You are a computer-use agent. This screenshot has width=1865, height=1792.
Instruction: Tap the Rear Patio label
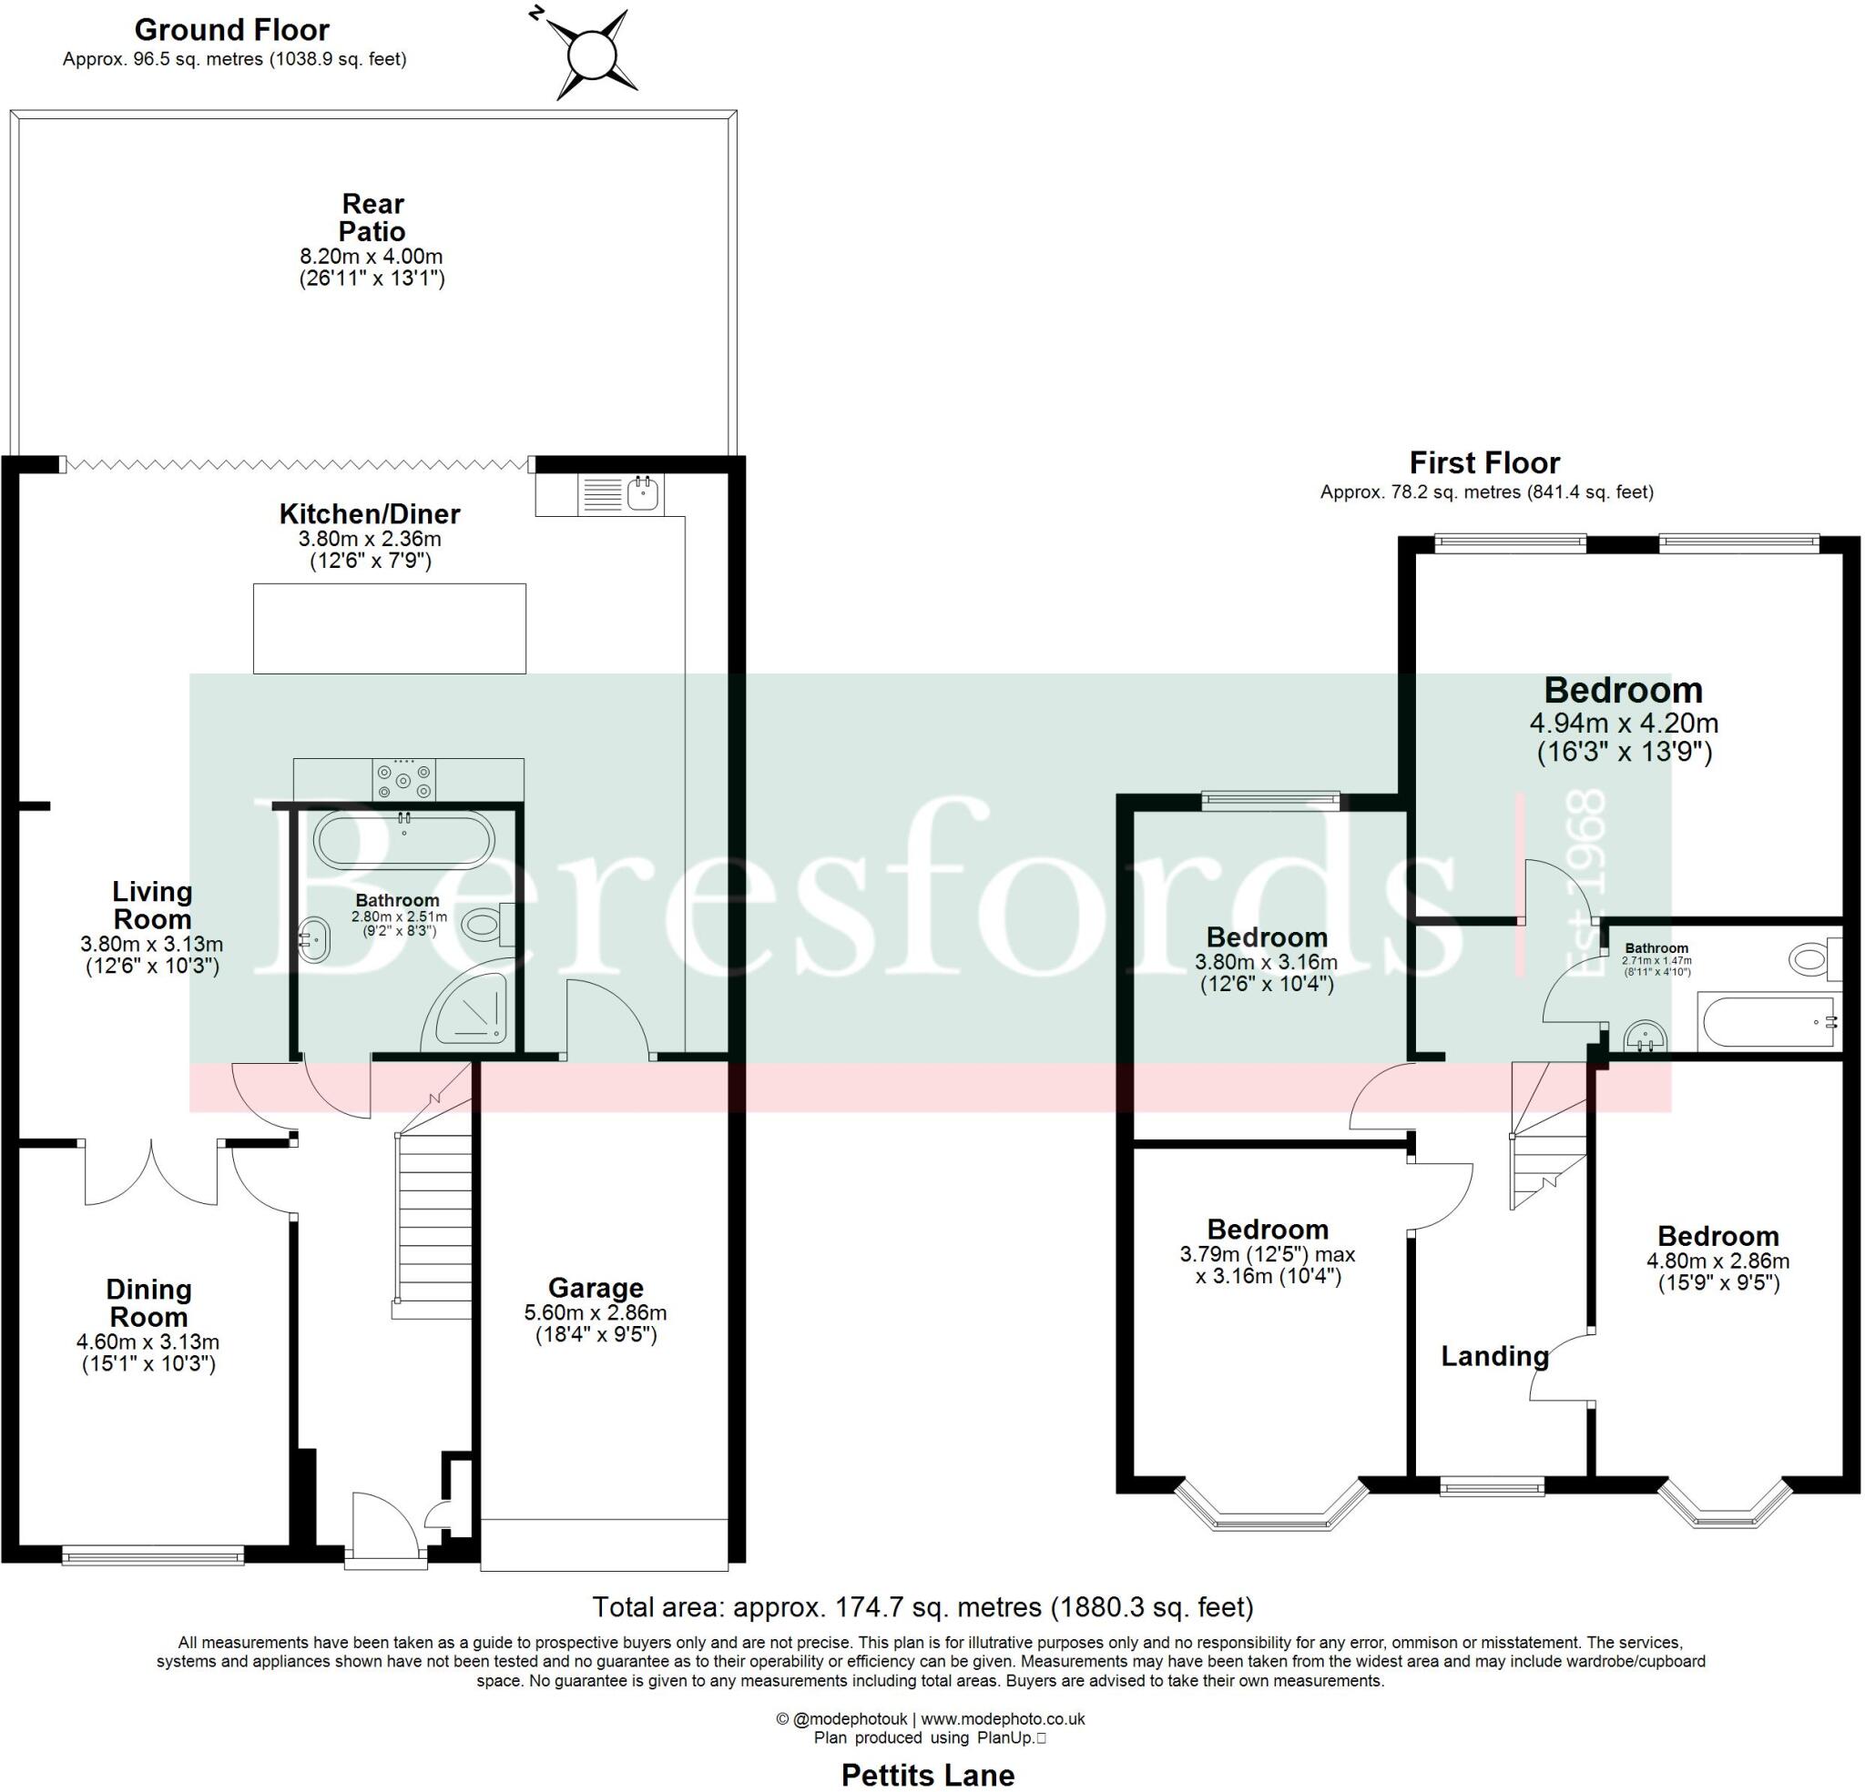coord(373,218)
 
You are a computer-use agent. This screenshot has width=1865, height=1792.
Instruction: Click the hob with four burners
coord(404,780)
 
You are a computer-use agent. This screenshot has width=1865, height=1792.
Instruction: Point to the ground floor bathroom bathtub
coord(404,841)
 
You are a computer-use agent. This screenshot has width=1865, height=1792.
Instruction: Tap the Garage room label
coord(596,1288)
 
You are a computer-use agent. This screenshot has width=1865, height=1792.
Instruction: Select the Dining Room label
coord(148,1303)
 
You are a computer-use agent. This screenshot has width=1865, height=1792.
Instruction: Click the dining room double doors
coord(151,1174)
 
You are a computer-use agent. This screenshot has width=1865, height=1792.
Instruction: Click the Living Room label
coord(152,906)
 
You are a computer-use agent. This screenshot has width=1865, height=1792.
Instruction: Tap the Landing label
coord(1493,1356)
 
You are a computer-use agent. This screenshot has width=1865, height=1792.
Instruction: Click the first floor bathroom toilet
coord(1811,958)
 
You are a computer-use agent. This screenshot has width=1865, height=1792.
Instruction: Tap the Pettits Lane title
coord(928,1775)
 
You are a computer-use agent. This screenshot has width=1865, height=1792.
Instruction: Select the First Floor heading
coord(1484,463)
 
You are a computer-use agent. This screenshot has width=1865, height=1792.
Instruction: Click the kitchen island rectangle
coord(389,629)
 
